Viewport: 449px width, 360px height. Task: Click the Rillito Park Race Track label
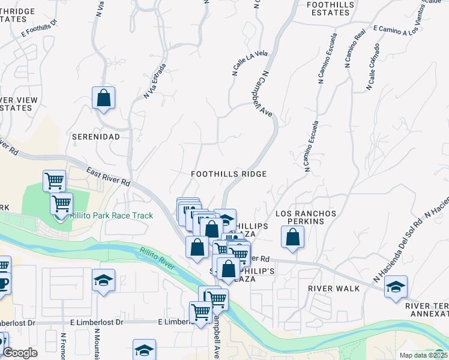click(x=112, y=215)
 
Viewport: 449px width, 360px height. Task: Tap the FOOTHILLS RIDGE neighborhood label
click(x=228, y=173)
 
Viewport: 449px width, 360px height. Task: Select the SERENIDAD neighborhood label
click(x=96, y=137)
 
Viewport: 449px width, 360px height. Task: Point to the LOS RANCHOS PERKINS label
click(x=306, y=217)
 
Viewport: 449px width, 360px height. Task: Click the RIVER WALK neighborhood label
click(x=334, y=289)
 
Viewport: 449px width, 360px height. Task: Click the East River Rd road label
click(x=108, y=175)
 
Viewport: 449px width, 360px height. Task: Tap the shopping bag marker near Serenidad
click(x=103, y=97)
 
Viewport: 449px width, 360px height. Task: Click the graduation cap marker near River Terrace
click(x=396, y=287)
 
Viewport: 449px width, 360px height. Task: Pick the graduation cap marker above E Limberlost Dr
click(x=103, y=280)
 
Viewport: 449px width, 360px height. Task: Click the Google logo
click(x=20, y=353)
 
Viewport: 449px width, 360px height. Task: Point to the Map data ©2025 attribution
click(x=423, y=355)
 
